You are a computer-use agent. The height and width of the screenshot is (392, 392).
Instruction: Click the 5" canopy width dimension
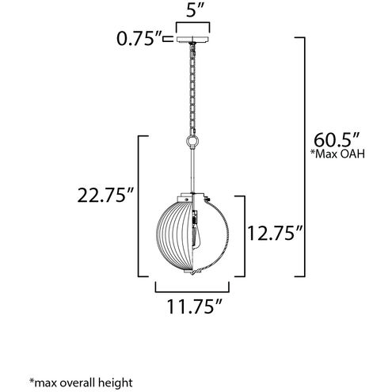(x=193, y=10)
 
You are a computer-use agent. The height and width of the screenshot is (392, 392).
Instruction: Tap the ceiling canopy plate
(x=192, y=40)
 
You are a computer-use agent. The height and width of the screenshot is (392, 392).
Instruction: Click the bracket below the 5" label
(x=192, y=25)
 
